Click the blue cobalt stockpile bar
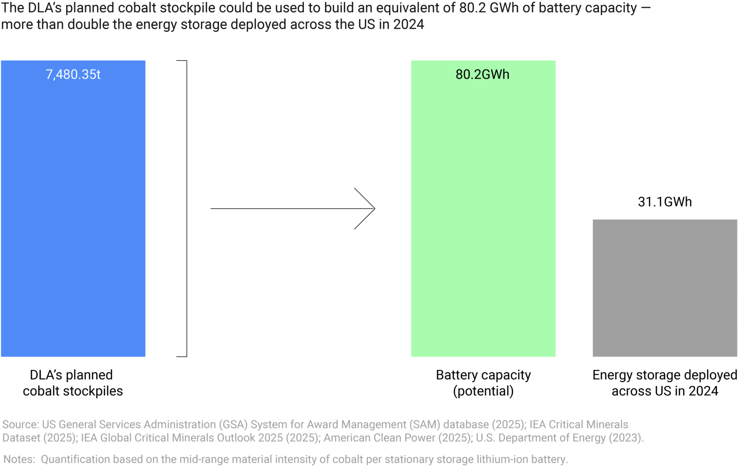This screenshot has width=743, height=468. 73,216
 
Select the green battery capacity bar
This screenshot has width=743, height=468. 483,216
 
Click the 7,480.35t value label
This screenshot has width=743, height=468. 73,75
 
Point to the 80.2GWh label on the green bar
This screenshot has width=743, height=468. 482,75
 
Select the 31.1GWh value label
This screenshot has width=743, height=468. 665,202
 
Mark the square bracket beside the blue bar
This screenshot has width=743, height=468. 186,209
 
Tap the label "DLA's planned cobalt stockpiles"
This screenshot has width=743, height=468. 73,383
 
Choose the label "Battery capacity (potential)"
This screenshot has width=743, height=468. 483,383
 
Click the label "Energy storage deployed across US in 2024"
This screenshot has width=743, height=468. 665,383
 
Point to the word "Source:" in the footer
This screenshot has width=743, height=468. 21,424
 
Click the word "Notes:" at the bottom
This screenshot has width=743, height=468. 19,459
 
